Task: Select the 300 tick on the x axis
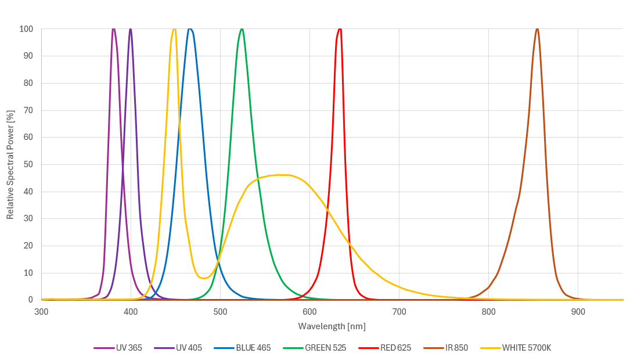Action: click(41, 312)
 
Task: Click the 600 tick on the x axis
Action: click(309, 312)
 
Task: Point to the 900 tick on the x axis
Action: click(578, 312)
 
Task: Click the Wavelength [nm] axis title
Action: click(332, 326)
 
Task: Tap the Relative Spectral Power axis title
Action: click(10, 164)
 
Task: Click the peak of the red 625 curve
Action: click(340, 29)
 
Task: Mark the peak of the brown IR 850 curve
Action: click(537, 29)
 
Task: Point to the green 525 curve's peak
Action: click(242, 29)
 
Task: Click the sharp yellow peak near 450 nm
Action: click(174, 29)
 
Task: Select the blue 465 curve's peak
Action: click(189, 29)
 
